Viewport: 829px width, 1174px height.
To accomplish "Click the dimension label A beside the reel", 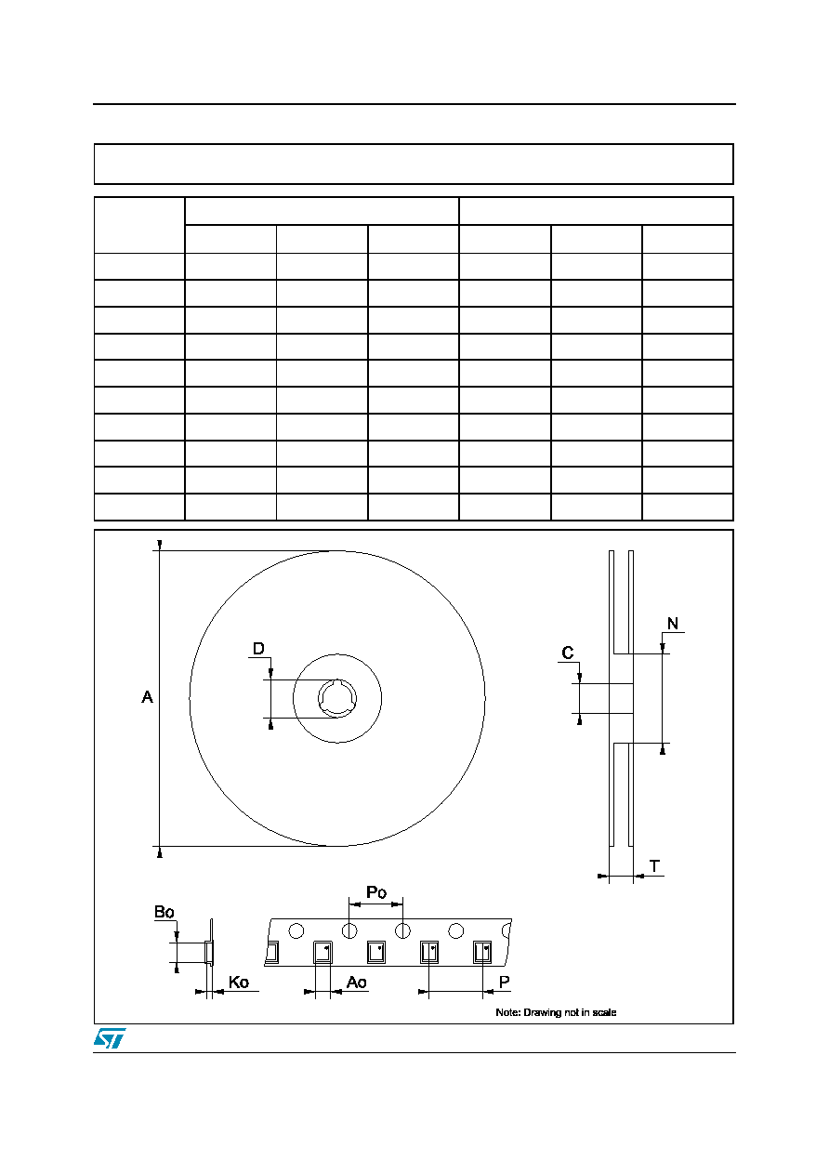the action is (x=147, y=696).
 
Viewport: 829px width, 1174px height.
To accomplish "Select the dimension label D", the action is (x=258, y=649).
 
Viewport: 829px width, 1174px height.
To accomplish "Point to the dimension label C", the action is (x=568, y=653).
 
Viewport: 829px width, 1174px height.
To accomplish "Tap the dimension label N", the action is (x=673, y=623).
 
